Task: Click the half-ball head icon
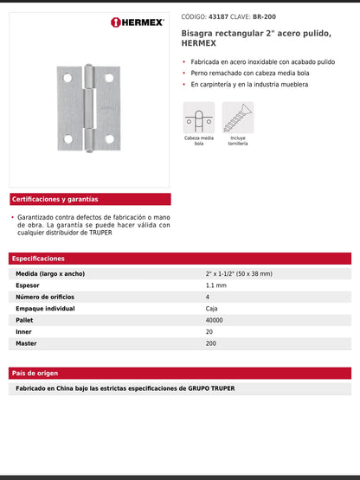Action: [198, 118]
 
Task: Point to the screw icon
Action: [238, 118]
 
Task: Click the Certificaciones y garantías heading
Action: [55, 199]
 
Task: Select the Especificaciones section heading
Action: [39, 259]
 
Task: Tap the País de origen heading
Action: [35, 373]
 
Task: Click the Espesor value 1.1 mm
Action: [216, 285]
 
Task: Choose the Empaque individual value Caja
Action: [213, 308]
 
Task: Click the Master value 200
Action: [211, 343]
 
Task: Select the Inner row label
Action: [24, 331]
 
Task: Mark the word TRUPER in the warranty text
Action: [98, 232]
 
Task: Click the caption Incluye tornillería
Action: [238, 141]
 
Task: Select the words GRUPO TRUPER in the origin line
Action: [211, 388]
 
